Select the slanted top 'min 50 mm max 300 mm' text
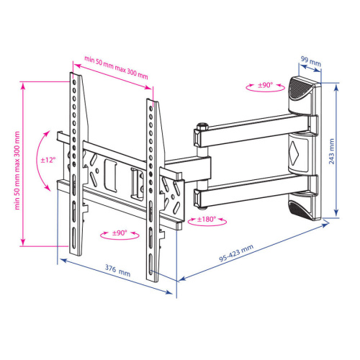[116, 67]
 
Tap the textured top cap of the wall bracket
[300, 90]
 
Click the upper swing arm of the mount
[238, 133]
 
